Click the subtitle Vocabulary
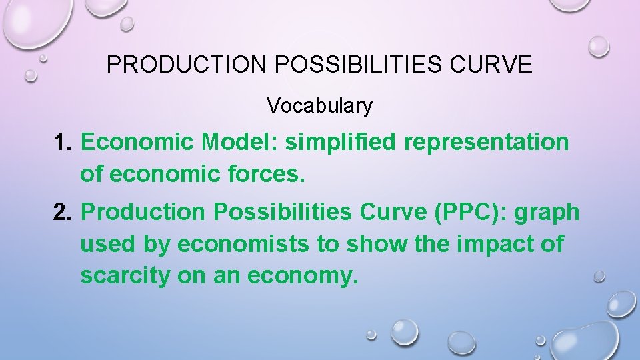pos(319,105)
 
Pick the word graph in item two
pos(548,213)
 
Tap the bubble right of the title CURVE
pos(599,45)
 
